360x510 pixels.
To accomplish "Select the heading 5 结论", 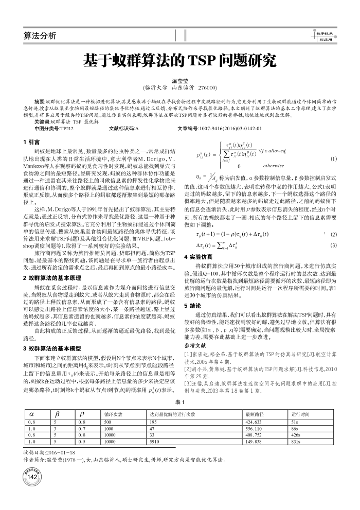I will click(x=192, y=305).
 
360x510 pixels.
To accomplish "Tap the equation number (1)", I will click(x=333, y=160).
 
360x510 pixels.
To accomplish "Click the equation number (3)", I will click(x=333, y=245).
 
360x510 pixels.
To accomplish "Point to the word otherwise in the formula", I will click(x=273, y=166).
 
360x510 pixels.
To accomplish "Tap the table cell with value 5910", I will click(x=154, y=442).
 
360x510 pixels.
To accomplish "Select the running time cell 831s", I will click(x=296, y=442).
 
